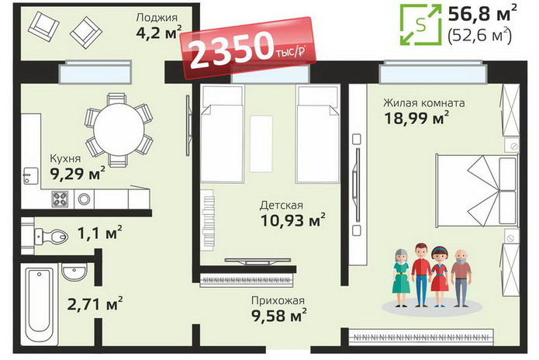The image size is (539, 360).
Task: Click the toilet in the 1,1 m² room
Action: pos(51,236)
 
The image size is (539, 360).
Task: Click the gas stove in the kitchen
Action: pos(60,199)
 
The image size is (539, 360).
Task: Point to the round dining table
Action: pos(119,130)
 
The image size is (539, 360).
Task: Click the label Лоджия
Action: pos(157,17)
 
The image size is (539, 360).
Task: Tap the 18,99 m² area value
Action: pos(416,118)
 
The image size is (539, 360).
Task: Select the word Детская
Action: pos(282,206)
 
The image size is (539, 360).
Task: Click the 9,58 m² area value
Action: pos(279,316)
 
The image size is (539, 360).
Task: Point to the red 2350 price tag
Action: pos(247,48)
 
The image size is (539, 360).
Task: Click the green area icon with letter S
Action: pos(420,25)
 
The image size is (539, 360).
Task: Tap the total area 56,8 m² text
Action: pos(482,14)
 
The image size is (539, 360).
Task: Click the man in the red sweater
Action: pos(421,275)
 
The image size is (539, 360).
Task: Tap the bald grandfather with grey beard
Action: pos(461,278)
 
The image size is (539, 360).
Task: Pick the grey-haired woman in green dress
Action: pos(401,278)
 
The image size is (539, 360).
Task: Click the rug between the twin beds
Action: pos(261,144)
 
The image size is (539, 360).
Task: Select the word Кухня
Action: pos(65,158)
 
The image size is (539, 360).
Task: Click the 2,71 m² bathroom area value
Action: pos(95,304)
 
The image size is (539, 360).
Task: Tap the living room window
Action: pos(433,72)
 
